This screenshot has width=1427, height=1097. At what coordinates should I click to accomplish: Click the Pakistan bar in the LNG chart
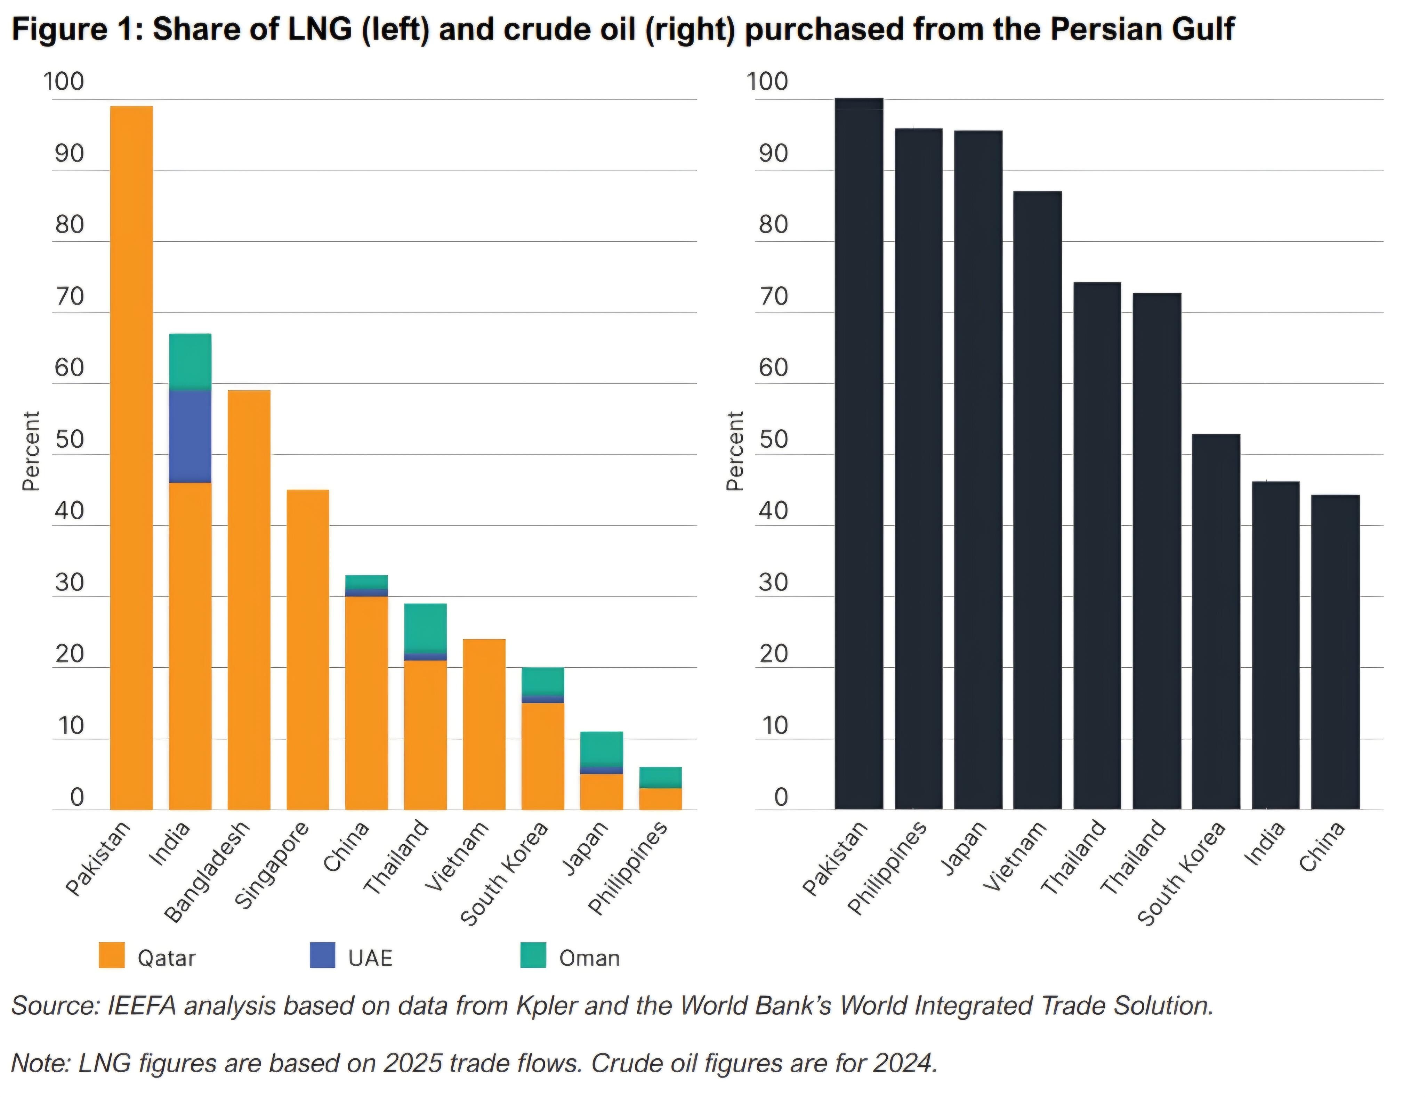coord(131,457)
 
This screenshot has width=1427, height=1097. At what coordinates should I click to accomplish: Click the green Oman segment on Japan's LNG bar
coord(602,748)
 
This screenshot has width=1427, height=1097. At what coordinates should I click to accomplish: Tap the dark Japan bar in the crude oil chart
coord(978,470)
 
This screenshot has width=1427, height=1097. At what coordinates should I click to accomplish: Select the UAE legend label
coord(370,958)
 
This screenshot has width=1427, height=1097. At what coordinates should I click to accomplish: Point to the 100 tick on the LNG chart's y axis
coord(63,82)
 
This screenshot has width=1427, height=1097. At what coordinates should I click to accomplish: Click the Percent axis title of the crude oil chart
coord(735,450)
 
